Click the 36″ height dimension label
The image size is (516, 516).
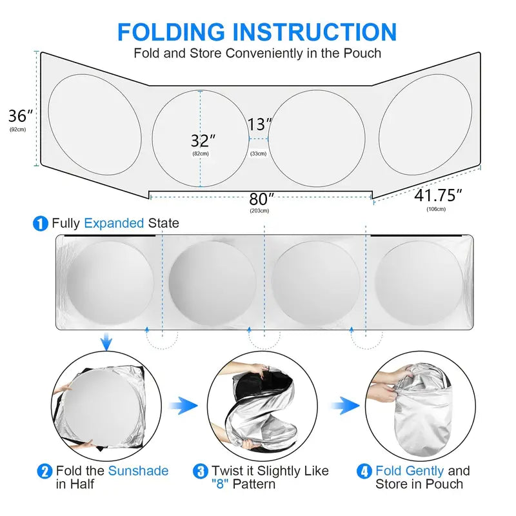(20, 116)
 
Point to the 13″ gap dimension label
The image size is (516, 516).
(259, 124)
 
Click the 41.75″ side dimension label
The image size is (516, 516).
(439, 194)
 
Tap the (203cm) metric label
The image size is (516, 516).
(259, 211)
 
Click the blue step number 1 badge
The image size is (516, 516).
(41, 224)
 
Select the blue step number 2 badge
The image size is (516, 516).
(45, 471)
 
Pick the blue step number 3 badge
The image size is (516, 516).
(201, 471)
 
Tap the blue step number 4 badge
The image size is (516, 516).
(364, 471)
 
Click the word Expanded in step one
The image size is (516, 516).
(114, 223)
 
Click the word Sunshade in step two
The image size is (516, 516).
(138, 471)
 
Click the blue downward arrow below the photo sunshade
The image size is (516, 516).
(107, 342)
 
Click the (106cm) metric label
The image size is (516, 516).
(436, 208)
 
